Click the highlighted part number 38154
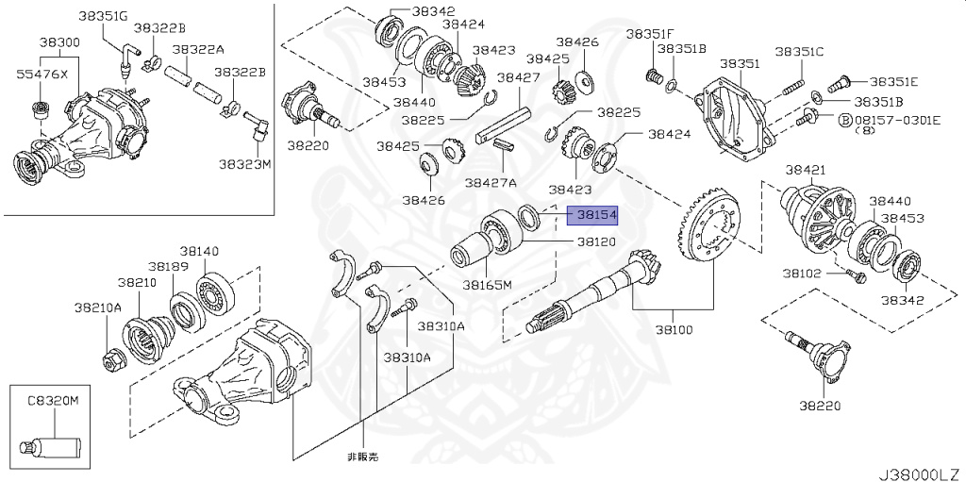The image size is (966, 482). [596, 216]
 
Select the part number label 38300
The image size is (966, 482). [58, 43]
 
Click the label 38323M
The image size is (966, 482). [245, 164]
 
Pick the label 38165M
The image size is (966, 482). [487, 284]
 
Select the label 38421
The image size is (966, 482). [806, 170]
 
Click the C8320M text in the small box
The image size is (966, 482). [52, 401]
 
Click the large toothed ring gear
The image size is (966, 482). [709, 234]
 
